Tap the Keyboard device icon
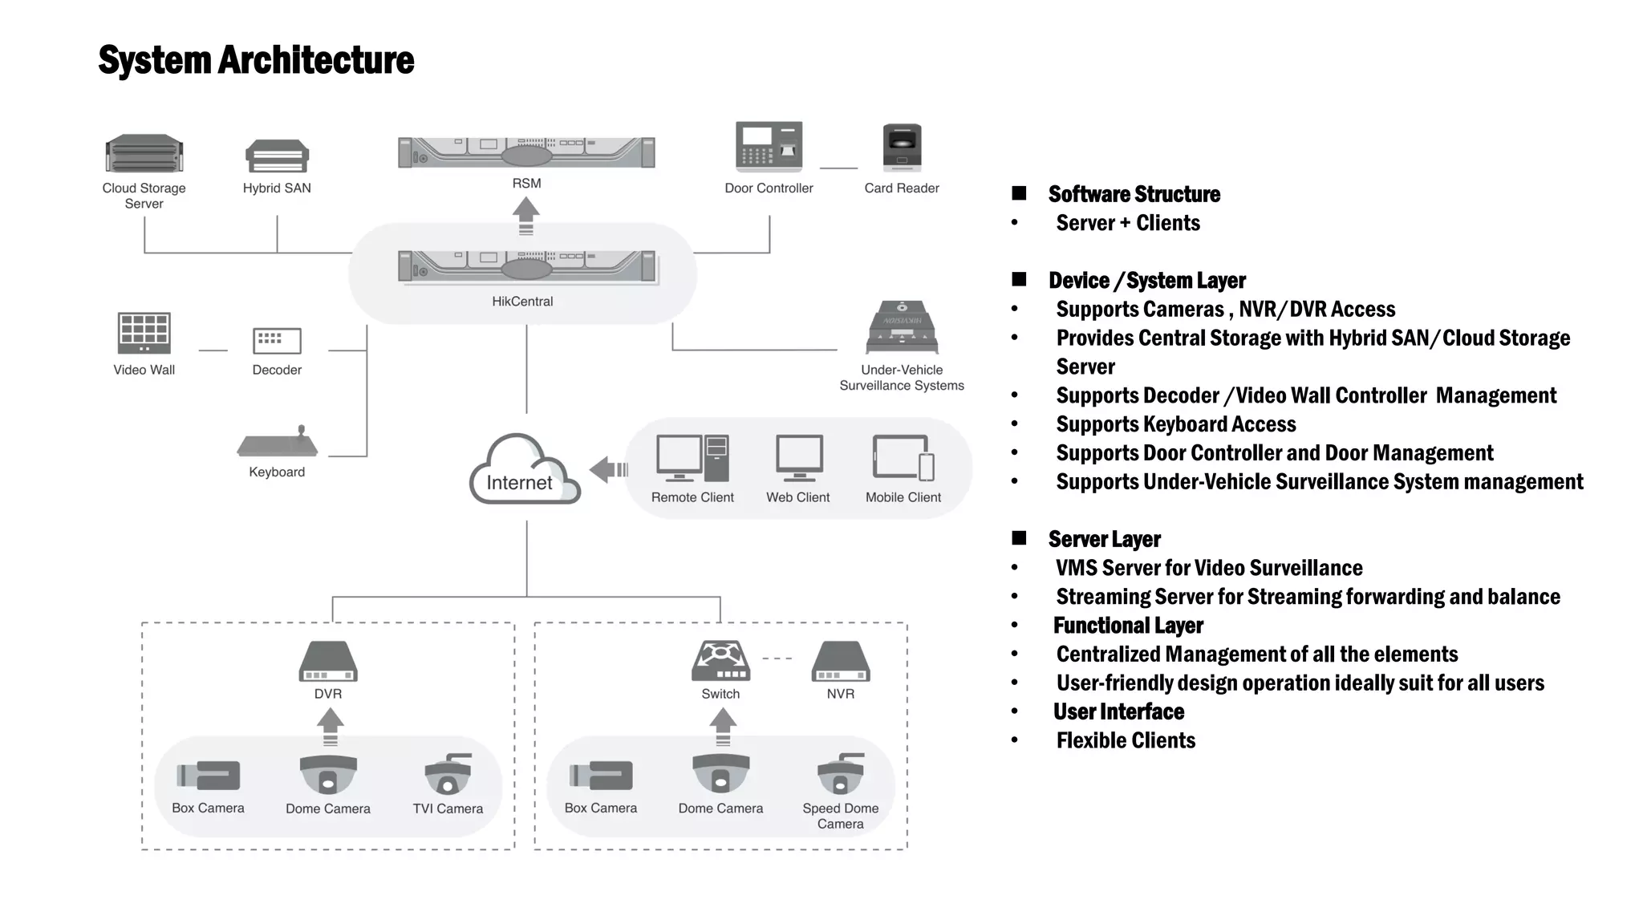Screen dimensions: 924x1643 point(278,442)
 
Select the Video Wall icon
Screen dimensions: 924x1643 point(144,333)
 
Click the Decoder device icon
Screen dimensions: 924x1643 point(277,340)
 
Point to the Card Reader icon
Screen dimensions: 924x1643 point(902,148)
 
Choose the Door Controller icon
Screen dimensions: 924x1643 point(769,146)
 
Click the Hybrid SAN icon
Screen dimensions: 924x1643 point(277,156)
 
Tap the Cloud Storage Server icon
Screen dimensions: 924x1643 point(144,153)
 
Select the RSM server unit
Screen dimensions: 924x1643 point(526,152)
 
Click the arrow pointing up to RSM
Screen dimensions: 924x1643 point(526,216)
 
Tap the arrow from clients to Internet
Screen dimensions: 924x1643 point(608,469)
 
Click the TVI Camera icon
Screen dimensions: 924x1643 point(448,774)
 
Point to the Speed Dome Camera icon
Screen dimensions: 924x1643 point(841,774)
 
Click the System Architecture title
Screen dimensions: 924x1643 point(256,60)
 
